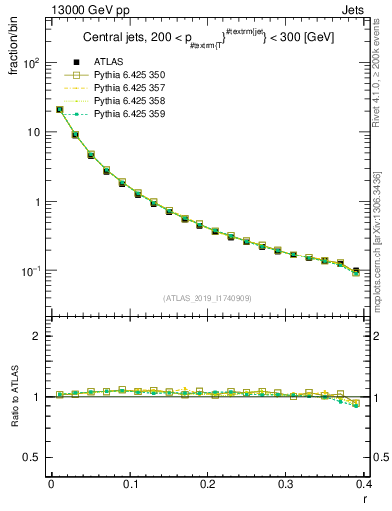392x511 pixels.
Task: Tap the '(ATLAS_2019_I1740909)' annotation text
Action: [x=207, y=298]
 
